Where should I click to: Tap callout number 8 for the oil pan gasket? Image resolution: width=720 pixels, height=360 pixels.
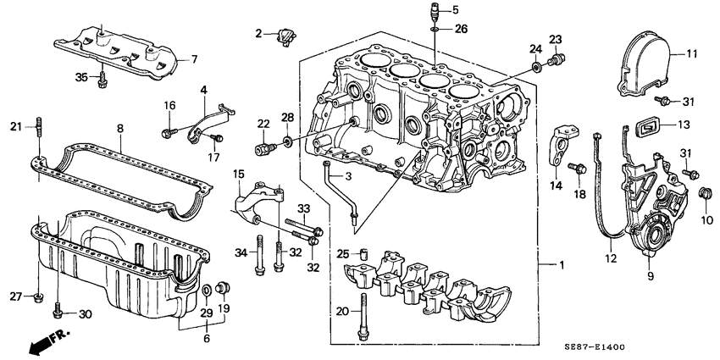click(119, 128)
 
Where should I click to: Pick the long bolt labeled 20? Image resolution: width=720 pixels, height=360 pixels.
click(364, 313)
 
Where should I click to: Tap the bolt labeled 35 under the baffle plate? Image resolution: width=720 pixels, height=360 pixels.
click(103, 80)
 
